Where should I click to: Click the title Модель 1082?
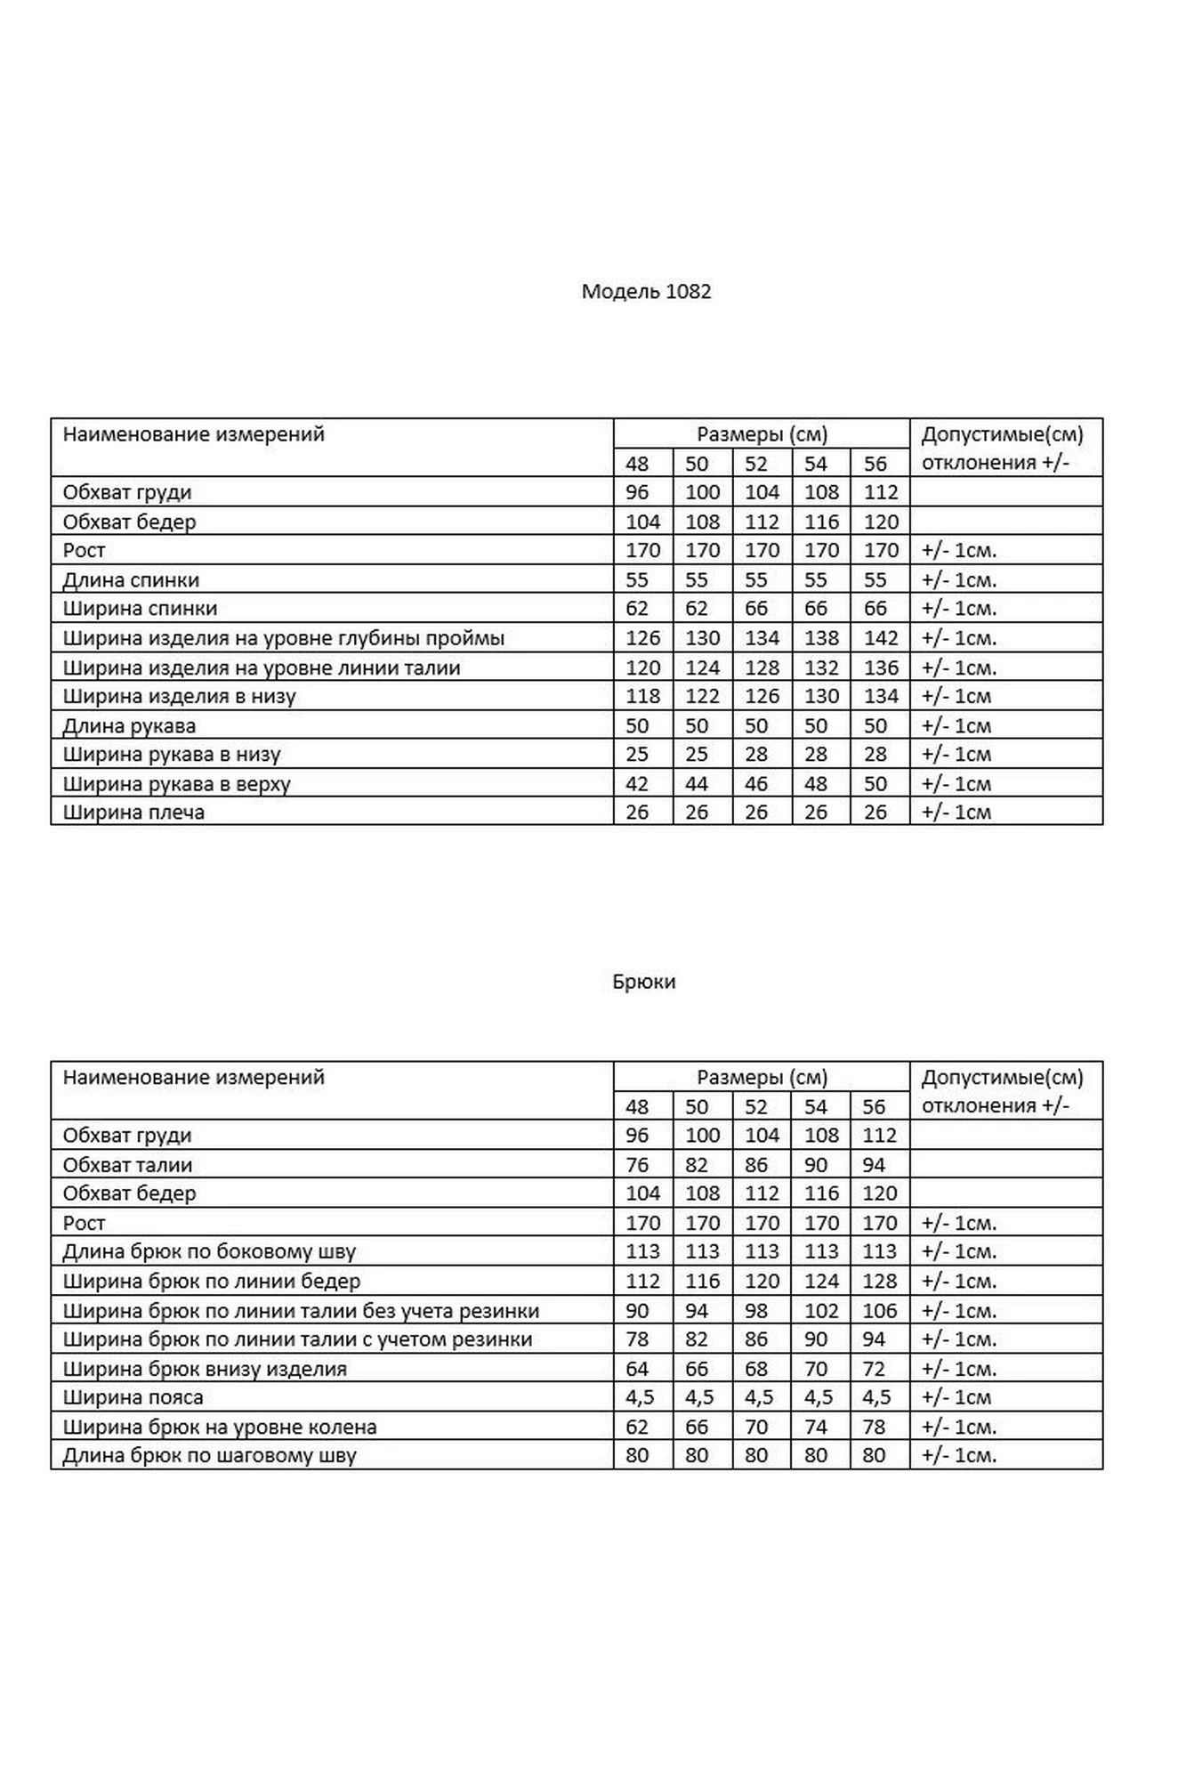pyautogui.click(x=646, y=292)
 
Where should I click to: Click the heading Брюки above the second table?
pyautogui.click(x=643, y=982)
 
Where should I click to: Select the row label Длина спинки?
pyautogui.click(x=131, y=580)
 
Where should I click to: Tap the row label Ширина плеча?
pyautogui.click(x=133, y=812)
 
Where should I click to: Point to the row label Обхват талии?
pyautogui.click(x=127, y=1165)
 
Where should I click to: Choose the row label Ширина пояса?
pyautogui.click(x=133, y=1397)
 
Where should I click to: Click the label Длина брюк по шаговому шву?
pyautogui.click(x=209, y=1456)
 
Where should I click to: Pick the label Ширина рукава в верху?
pyautogui.click(x=176, y=784)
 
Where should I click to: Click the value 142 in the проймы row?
pyautogui.click(x=880, y=638)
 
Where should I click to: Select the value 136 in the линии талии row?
pyautogui.click(x=880, y=667)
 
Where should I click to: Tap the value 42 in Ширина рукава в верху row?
pyautogui.click(x=637, y=784)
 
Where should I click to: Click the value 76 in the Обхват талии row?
pyautogui.click(x=637, y=1165)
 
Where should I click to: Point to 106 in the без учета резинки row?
pyautogui.click(x=880, y=1311)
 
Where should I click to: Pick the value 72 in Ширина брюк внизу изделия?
pyautogui.click(x=875, y=1369)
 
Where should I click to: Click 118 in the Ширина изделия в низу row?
pyautogui.click(x=642, y=696)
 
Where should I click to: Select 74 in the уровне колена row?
pyautogui.click(x=815, y=1427)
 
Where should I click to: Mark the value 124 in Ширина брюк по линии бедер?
pyautogui.click(x=820, y=1282)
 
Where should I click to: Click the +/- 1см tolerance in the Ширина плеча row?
pyautogui.click(x=956, y=812)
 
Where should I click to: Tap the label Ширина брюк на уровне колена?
pyautogui.click(x=220, y=1427)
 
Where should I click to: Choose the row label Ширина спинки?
pyautogui.click(x=140, y=609)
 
